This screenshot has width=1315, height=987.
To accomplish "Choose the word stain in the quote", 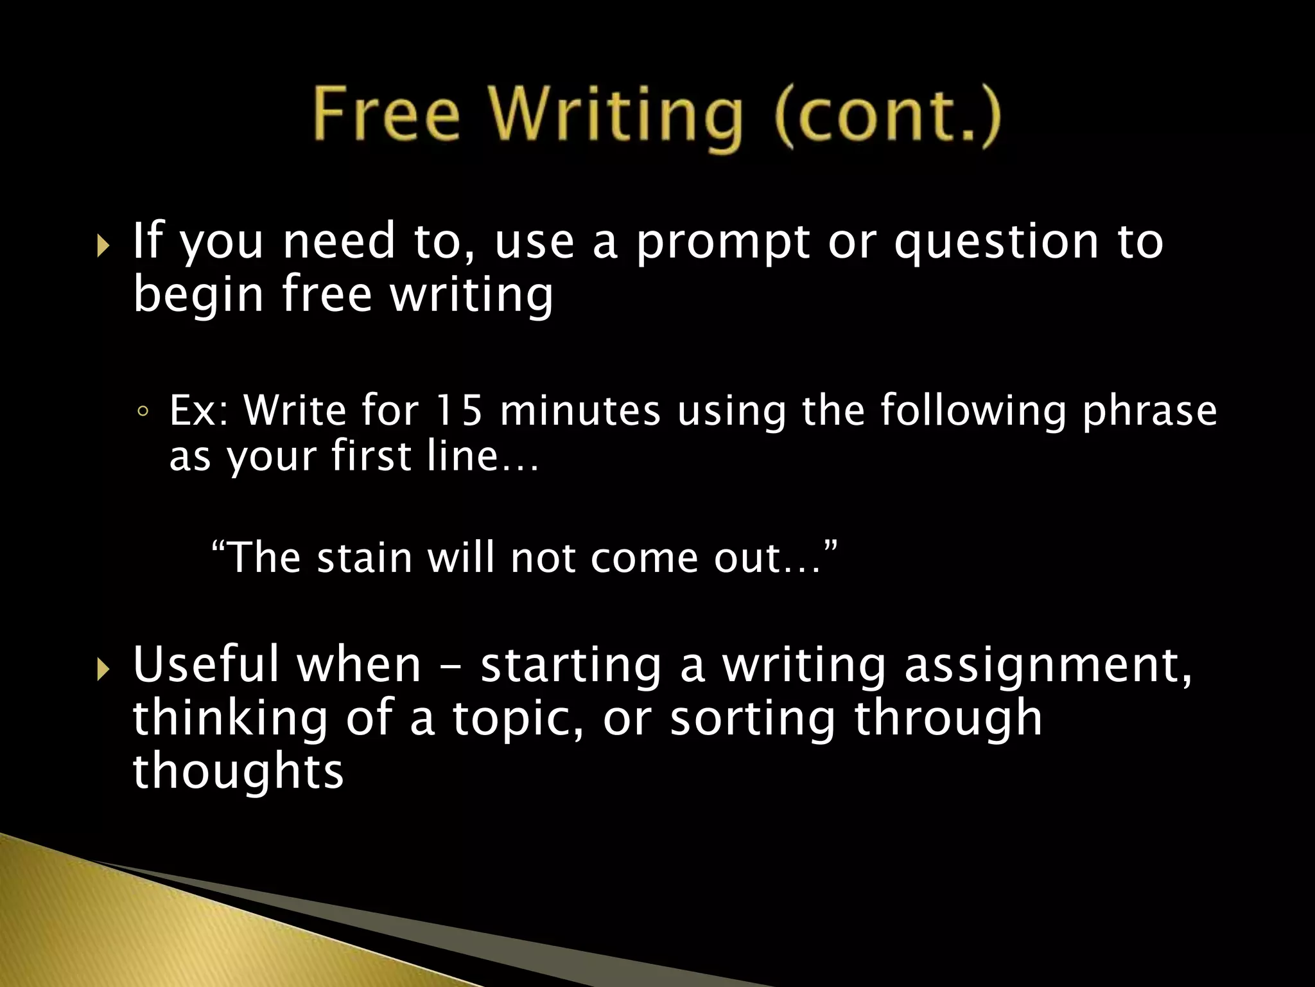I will click(x=364, y=557).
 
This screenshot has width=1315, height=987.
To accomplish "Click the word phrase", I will click(x=1149, y=413).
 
